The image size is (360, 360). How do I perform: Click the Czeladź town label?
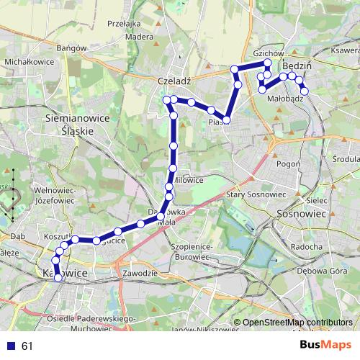tap(172, 81)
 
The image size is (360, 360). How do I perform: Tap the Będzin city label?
tap(297, 66)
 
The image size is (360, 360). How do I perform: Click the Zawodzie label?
tap(140, 274)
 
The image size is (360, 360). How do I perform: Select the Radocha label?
tap(307, 246)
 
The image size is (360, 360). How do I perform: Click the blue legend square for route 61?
tap(11, 346)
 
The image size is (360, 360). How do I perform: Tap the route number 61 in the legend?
tap(27, 346)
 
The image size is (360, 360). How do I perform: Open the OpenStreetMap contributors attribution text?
tap(296, 323)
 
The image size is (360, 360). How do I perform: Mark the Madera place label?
tap(139, 37)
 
